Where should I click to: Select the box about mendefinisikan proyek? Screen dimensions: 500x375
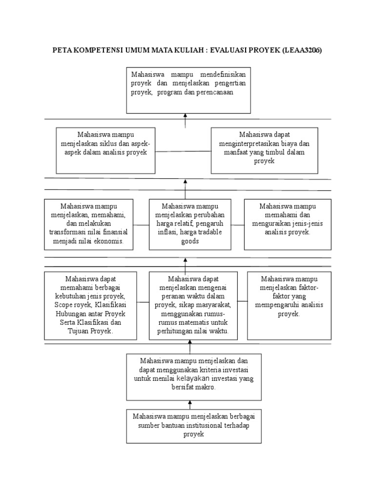point(188,91)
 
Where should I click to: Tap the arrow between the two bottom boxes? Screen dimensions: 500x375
point(190,404)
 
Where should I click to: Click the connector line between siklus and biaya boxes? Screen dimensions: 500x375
point(183,150)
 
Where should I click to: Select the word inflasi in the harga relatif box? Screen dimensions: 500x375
point(167,232)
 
